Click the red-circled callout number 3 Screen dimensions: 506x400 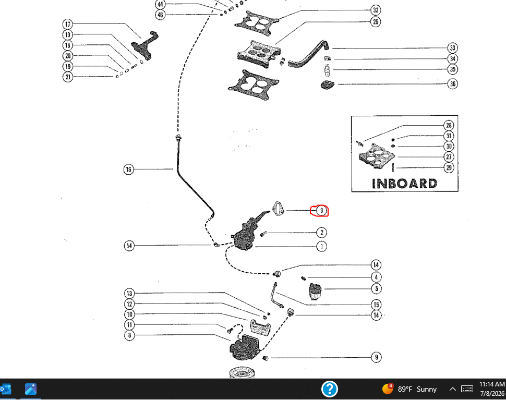click(x=321, y=211)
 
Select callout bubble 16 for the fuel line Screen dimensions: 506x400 click(x=129, y=169)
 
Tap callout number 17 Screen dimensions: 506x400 click(x=67, y=24)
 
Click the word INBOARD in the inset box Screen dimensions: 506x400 click(x=405, y=184)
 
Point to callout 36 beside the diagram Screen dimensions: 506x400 click(x=453, y=84)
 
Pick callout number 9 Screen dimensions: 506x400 click(x=376, y=357)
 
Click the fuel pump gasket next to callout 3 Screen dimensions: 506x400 click(x=278, y=209)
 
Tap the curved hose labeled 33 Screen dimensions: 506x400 click(x=308, y=55)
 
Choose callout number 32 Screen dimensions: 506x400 click(x=376, y=10)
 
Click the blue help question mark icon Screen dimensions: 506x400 click(x=330, y=389)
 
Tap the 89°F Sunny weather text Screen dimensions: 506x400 click(x=417, y=390)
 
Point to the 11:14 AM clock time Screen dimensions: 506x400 click(x=492, y=384)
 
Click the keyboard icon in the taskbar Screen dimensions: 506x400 click(x=467, y=389)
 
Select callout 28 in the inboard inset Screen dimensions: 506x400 click(x=449, y=125)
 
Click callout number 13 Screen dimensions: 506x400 click(x=129, y=293)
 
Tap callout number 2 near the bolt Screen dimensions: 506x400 click(x=321, y=233)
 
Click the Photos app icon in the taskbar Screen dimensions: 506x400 click(x=31, y=389)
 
